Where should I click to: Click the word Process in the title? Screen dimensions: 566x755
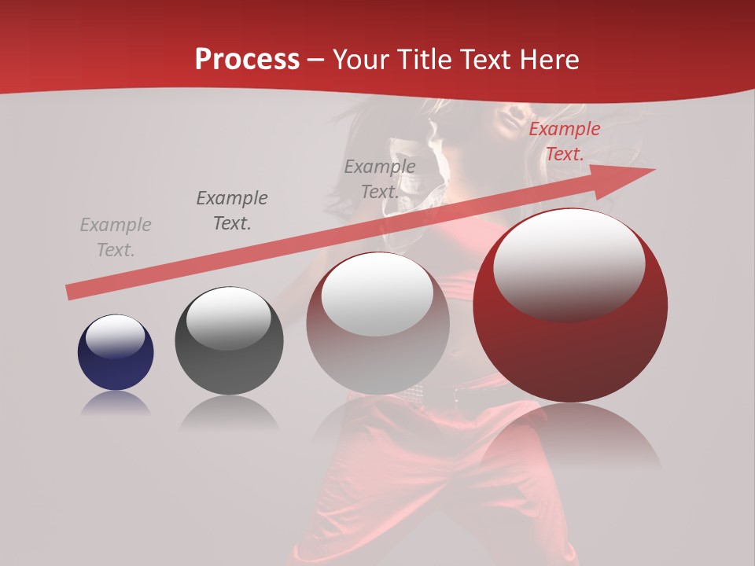click(247, 60)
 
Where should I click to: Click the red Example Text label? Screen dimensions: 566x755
click(564, 141)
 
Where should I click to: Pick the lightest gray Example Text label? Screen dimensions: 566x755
click(116, 237)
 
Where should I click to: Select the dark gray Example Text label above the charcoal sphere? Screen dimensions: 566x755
click(232, 211)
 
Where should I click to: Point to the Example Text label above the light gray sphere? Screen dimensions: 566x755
click(380, 179)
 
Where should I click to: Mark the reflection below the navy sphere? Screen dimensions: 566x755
click(116, 404)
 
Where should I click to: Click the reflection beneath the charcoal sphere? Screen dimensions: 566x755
click(229, 413)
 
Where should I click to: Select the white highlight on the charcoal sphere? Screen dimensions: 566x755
click(228, 318)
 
